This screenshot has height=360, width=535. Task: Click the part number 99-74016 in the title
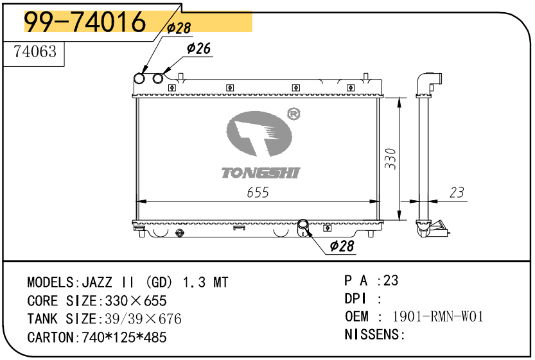coord(85,21)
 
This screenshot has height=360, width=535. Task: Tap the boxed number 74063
coord(35,51)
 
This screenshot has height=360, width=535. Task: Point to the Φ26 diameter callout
coord(199,48)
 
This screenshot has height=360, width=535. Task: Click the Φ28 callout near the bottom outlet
coord(342,245)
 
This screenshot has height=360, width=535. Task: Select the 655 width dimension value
coord(258,193)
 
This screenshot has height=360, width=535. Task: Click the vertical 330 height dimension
coord(390,159)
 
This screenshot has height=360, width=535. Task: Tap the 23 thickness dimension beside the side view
coord(457,193)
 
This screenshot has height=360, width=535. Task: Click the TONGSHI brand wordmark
coord(261,173)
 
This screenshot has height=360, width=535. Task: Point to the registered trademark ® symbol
coord(294,114)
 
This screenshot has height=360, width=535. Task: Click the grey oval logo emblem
coord(259,133)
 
